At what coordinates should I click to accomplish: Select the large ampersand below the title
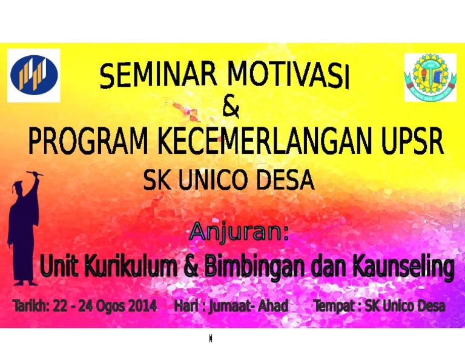tap(231, 106)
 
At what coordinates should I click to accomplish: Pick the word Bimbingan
tap(255, 265)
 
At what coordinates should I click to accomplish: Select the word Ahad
tap(273, 305)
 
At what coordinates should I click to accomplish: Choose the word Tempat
tap(335, 306)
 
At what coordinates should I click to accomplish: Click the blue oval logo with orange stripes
tap(34, 75)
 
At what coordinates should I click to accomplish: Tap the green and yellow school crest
tap(430, 77)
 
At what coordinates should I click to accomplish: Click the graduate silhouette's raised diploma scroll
tap(35, 173)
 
